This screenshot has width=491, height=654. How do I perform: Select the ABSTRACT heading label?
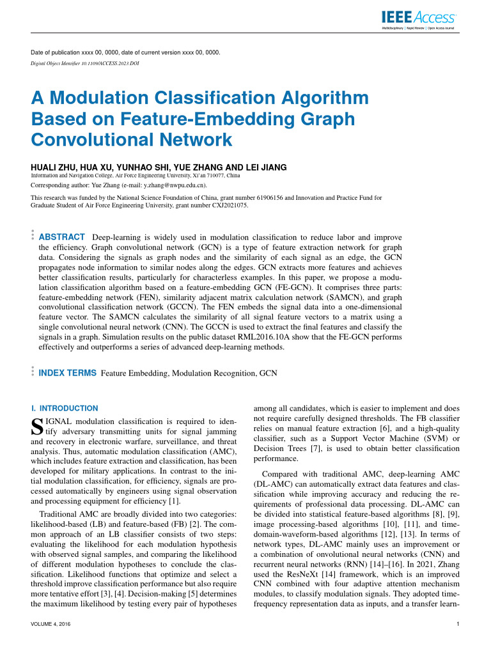point(63,237)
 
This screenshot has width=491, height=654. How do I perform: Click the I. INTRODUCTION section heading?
point(65,408)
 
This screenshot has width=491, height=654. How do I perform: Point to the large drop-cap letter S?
point(36,427)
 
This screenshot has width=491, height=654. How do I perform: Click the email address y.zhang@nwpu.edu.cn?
point(185,186)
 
